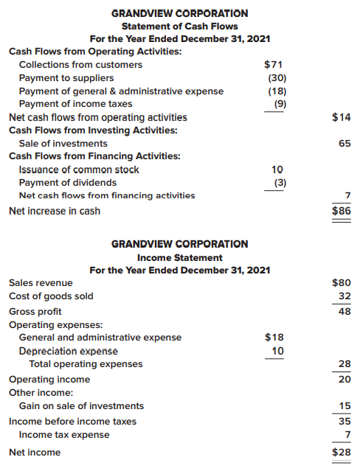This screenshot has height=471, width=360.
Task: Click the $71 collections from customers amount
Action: tap(274, 65)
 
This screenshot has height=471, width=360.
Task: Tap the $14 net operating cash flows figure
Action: tap(342, 117)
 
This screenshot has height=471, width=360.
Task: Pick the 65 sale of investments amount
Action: tap(345, 144)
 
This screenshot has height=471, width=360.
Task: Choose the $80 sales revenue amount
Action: tap(342, 282)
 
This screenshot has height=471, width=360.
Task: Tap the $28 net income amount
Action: tap(342, 452)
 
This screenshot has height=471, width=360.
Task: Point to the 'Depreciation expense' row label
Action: tap(68, 351)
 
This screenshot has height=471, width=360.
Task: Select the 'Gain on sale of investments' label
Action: tap(81, 406)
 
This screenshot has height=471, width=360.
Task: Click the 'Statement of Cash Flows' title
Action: tap(179, 26)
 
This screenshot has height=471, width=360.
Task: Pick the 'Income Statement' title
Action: tap(179, 258)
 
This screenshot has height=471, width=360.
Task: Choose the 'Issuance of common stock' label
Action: tap(79, 170)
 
